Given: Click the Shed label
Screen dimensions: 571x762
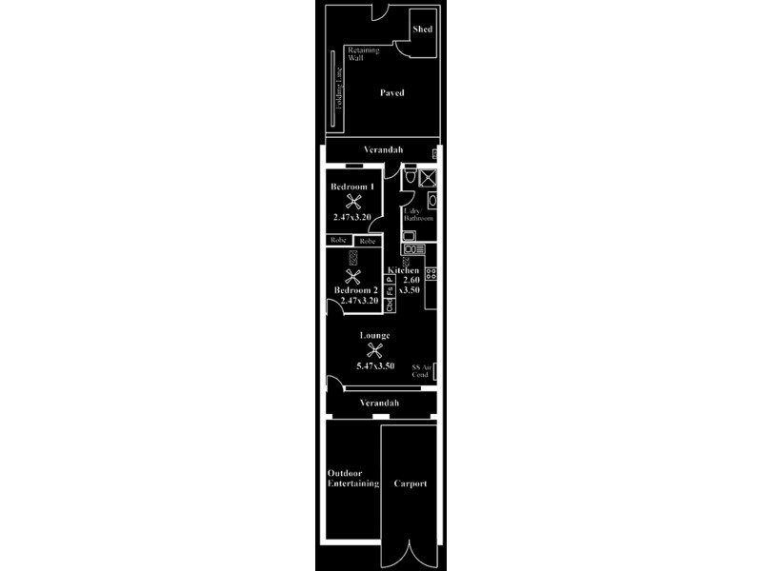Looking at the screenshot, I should (x=422, y=30).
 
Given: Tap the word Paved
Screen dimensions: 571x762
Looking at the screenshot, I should (x=392, y=93).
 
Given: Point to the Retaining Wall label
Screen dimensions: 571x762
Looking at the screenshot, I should (x=363, y=53).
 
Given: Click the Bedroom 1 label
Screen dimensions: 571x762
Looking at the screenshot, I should (x=351, y=187).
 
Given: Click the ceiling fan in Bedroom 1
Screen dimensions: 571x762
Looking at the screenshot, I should (x=353, y=203).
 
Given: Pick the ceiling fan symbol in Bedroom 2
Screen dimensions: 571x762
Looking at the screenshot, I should (x=354, y=277).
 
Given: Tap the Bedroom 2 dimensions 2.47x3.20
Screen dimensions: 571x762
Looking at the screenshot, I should (x=356, y=301).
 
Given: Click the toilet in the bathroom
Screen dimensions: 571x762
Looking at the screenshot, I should (x=410, y=177).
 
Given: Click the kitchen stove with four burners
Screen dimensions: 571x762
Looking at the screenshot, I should (x=431, y=273).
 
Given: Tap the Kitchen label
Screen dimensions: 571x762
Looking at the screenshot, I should (x=404, y=271).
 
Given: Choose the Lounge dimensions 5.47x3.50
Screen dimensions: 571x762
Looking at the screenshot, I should (x=375, y=366).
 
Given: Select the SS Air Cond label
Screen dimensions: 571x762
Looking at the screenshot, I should (x=421, y=370).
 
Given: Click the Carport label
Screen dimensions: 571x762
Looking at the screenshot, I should (x=411, y=483).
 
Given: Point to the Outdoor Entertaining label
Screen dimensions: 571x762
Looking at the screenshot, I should (x=352, y=478).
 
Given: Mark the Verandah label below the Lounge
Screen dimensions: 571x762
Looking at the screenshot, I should (x=379, y=404).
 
